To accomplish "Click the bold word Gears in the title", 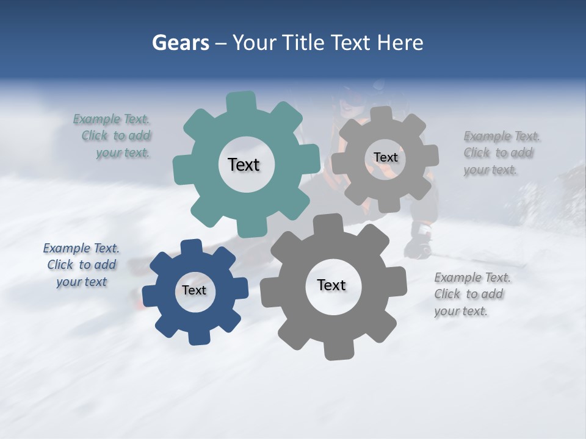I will click(180, 43).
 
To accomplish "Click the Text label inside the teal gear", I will click(244, 165).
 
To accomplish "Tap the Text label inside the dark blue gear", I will click(194, 290).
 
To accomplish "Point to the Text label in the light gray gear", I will click(385, 157).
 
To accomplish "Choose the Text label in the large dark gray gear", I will click(331, 285).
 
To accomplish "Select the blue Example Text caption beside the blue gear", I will click(81, 265).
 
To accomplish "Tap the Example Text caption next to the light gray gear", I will click(501, 153).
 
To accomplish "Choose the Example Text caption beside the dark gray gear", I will click(471, 294).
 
